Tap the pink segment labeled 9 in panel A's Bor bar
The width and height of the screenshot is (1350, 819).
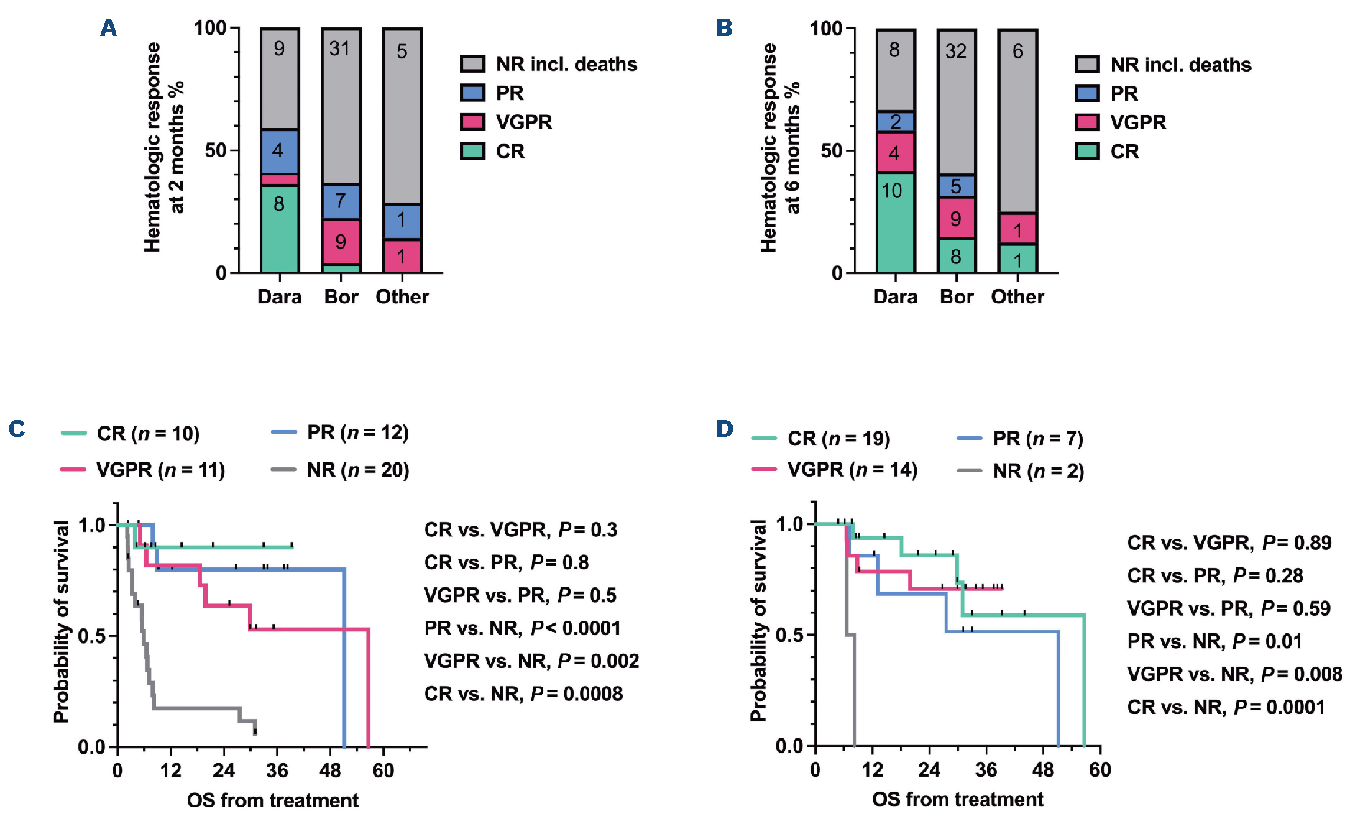point(341,242)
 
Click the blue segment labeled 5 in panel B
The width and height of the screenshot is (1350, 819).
point(956,186)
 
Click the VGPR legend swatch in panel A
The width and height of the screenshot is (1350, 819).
point(472,122)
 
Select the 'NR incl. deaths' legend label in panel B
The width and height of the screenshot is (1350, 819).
point(1180,65)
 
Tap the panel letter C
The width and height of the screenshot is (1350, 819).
point(17,429)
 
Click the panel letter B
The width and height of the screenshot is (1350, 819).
point(724,28)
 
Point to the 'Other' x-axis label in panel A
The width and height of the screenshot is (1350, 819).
point(402,297)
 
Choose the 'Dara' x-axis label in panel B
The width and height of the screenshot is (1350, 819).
point(895,297)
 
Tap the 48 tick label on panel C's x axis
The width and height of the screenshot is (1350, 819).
point(330,771)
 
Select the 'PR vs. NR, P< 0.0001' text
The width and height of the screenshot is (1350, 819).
point(522,628)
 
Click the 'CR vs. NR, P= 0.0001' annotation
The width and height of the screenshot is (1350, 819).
point(1226,708)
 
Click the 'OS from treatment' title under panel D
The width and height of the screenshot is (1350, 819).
point(957,800)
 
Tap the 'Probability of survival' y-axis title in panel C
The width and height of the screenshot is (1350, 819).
point(62,621)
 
